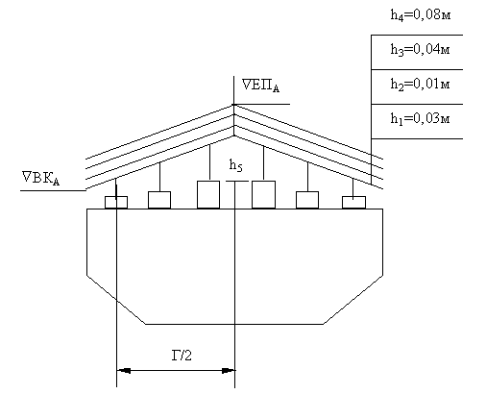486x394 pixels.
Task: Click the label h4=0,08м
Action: coord(421,15)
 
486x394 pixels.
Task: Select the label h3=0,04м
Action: coord(420,50)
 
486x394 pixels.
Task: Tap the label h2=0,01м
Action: coord(420,85)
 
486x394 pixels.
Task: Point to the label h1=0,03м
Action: coord(420,119)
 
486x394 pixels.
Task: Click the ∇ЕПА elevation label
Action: coord(260,86)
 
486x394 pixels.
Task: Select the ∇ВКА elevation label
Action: coord(41,178)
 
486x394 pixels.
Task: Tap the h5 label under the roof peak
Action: coord(236,165)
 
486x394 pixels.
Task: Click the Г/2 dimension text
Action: coord(182,356)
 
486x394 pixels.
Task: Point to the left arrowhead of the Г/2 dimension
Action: coord(124,371)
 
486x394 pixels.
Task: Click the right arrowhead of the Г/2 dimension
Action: coord(228,371)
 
